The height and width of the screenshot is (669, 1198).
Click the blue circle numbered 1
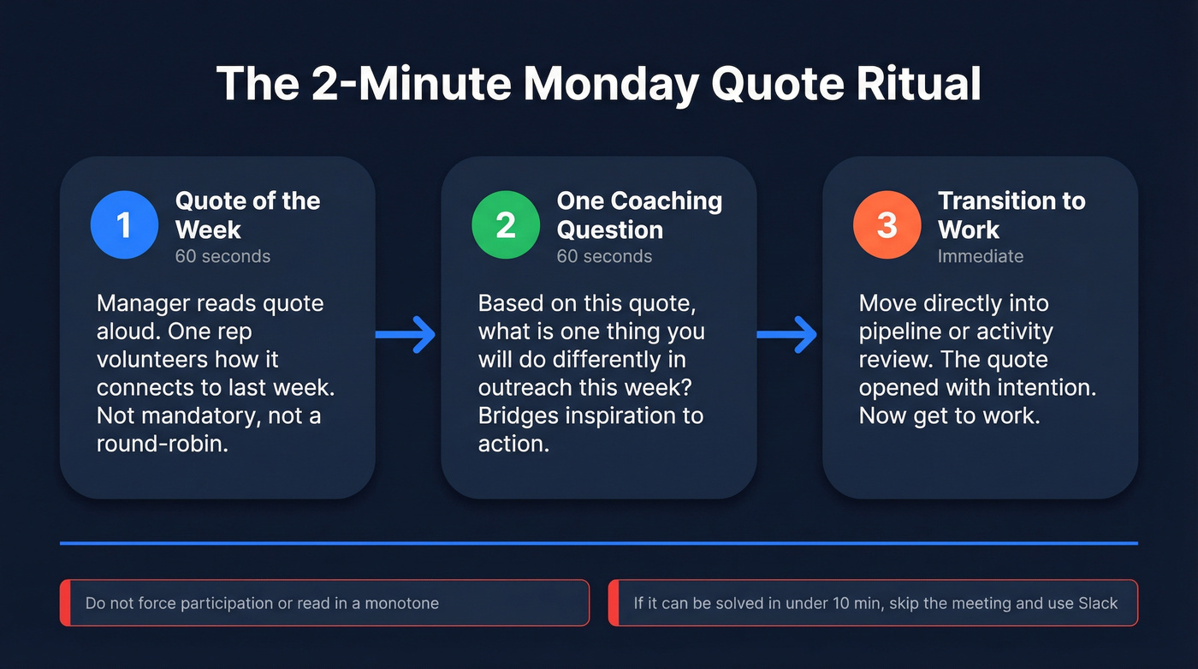coord(124,225)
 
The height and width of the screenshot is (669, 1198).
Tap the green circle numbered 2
coord(506,225)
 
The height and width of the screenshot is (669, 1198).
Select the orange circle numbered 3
coord(887,225)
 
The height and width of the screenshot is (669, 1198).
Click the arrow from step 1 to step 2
coord(406,334)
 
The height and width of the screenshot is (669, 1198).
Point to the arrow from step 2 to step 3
coord(788,334)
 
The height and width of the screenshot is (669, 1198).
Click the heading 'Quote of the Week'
coord(247,215)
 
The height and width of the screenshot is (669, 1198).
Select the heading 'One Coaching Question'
coord(639,215)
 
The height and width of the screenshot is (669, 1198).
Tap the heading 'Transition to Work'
coord(1011,215)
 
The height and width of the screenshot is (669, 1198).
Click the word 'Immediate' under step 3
coord(980,256)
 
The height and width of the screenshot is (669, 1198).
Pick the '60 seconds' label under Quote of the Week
coord(222,256)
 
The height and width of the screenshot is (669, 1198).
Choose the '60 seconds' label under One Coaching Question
coord(604,256)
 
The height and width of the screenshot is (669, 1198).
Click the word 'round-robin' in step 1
coord(163,444)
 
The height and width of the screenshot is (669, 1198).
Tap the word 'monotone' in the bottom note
coord(401,603)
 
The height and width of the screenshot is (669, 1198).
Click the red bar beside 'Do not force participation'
coord(64,603)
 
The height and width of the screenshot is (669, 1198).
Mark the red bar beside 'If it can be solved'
coord(613,603)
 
